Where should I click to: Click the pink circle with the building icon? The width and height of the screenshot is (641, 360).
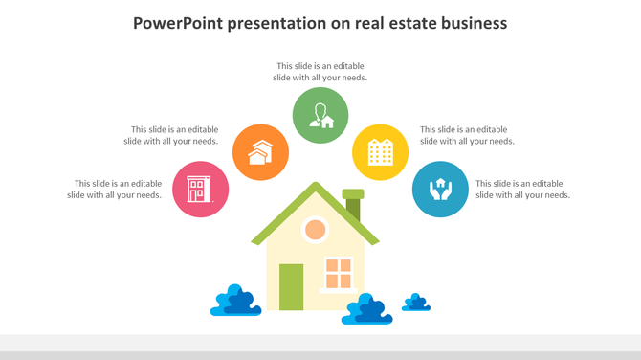[201, 189]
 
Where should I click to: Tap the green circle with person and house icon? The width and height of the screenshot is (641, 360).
[320, 115]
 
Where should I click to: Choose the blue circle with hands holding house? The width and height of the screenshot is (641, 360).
[440, 189]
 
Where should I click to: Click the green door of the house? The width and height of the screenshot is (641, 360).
[291, 286]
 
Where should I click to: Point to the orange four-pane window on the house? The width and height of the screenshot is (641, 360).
[339, 273]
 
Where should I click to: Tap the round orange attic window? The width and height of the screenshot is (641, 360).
[315, 230]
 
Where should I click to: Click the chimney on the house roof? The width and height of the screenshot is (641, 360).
[353, 204]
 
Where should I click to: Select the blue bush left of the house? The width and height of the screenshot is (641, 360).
[235, 301]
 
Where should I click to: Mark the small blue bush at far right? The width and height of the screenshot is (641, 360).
[416, 303]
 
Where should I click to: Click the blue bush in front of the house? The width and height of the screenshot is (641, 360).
[368, 309]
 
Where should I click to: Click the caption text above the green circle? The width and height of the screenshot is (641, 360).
[320, 72]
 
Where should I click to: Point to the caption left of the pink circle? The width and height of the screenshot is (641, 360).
[114, 189]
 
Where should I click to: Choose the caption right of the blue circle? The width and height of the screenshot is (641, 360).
[522, 189]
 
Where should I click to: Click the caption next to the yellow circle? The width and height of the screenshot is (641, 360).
[467, 135]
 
